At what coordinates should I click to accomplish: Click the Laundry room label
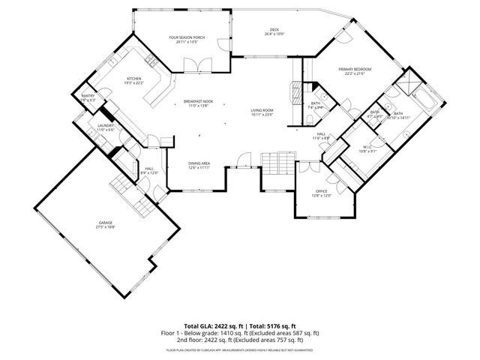click(105, 127)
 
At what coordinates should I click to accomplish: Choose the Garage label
click(106, 224)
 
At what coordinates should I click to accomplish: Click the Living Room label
click(262, 112)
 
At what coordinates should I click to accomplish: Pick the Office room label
click(320, 193)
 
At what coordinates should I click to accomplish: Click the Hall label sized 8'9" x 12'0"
click(149, 171)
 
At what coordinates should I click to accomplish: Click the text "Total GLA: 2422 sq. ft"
click(213, 325)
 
